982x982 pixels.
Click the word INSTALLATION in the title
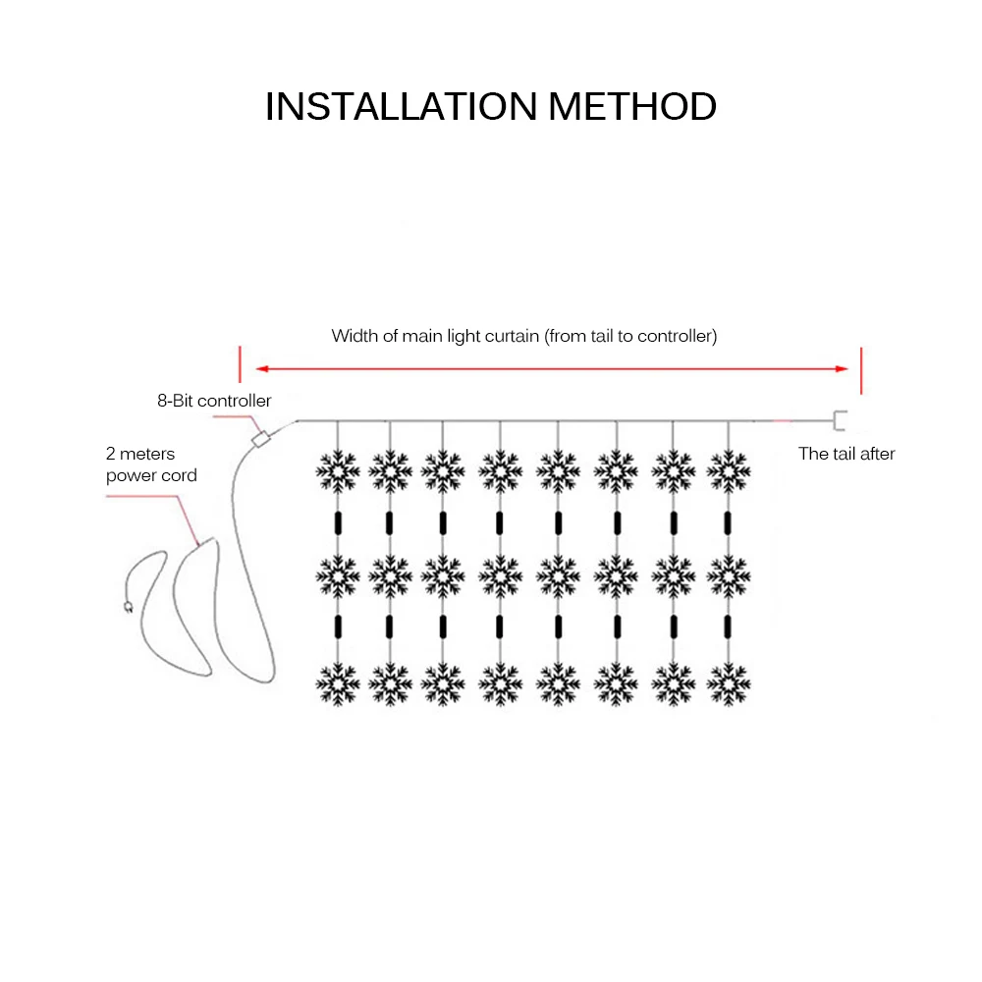pyautogui.click(x=401, y=106)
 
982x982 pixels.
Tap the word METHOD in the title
pyautogui.click(x=632, y=106)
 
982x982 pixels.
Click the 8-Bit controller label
pyautogui.click(x=214, y=401)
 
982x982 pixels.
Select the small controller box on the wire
pyautogui.click(x=261, y=439)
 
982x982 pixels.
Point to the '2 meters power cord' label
pyautogui.click(x=151, y=464)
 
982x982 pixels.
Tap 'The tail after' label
pyautogui.click(x=846, y=454)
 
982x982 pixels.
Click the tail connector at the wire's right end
pyautogui.click(x=841, y=421)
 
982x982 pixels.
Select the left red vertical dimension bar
pyautogui.click(x=240, y=363)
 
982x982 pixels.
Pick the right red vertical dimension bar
pyautogui.click(x=860, y=369)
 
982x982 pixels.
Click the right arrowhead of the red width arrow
pyautogui.click(x=843, y=369)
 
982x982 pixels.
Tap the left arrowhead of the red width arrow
pyautogui.click(x=260, y=369)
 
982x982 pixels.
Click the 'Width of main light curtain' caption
pyautogui.click(x=524, y=336)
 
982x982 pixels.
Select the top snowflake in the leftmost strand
pyautogui.click(x=338, y=471)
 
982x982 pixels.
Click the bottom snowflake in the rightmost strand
pyautogui.click(x=729, y=682)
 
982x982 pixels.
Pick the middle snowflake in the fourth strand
pyautogui.click(x=501, y=576)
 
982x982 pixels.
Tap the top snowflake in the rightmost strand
pyautogui.click(x=729, y=471)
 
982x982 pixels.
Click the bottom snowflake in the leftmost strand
pyautogui.click(x=338, y=682)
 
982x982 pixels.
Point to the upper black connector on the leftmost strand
pyautogui.click(x=338, y=522)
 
